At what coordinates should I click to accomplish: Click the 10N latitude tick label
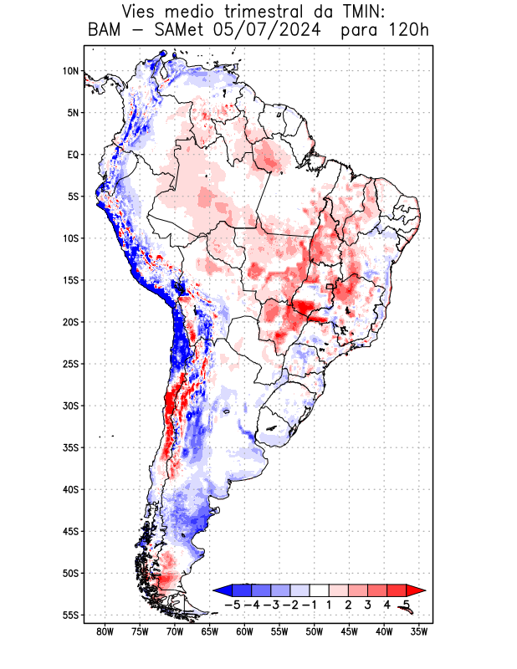(x=70, y=71)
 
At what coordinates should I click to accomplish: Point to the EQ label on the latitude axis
(x=73, y=155)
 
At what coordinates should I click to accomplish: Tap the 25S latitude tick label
(x=70, y=364)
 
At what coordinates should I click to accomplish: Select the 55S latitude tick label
(x=70, y=615)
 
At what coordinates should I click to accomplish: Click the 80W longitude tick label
(x=105, y=632)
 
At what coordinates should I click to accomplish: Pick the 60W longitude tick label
(x=244, y=632)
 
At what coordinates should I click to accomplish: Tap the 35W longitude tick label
(x=419, y=632)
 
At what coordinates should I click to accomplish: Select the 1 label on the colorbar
(x=330, y=604)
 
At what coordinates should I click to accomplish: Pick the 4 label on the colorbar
(x=387, y=604)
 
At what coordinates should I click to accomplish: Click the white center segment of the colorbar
(x=320, y=590)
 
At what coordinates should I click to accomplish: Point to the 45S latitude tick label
(x=70, y=531)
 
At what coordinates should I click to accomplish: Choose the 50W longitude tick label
(x=315, y=632)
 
